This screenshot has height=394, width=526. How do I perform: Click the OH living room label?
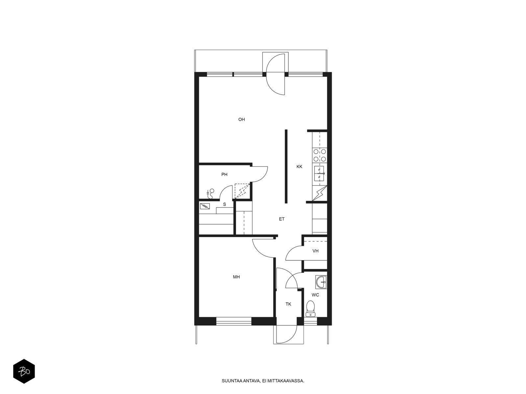pos(241,120)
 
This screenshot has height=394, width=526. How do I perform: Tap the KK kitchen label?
pos(299,166)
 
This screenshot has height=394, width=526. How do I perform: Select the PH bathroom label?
pos(224,174)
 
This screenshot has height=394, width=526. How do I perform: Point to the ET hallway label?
pos(281,219)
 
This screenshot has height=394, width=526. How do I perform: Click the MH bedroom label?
pos(236,277)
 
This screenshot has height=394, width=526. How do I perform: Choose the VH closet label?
pos(315,251)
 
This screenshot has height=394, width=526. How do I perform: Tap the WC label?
pos(315,295)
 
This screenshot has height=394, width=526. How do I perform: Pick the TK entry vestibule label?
pos(288,304)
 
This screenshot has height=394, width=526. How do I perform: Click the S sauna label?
pos(225,204)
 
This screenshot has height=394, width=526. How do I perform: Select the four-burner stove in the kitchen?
pos(320,155)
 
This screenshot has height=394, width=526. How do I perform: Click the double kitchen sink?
pos(319,173)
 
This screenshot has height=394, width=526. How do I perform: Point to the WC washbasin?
pos(321,282)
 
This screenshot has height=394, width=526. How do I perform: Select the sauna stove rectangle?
pos(205,206)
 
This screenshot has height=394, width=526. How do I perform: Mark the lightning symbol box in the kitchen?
pos(320,193)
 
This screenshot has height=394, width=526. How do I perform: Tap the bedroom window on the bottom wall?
pos(234,321)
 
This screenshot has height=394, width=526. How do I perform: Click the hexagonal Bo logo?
pos(24,371)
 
